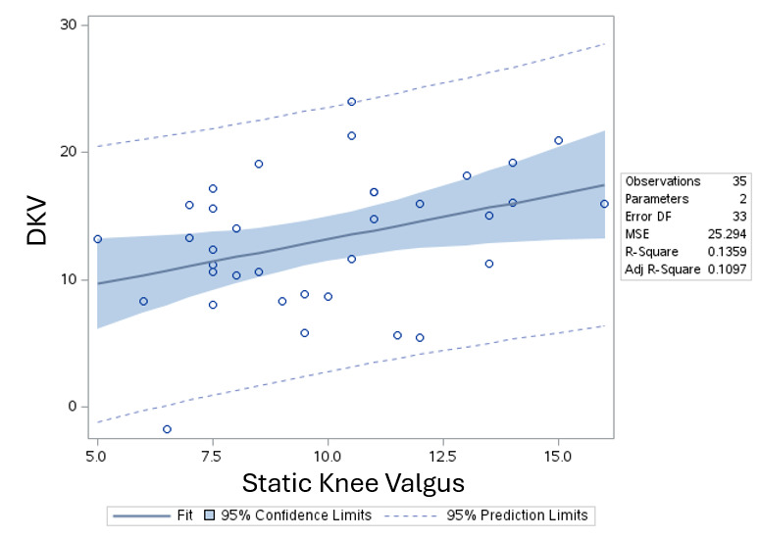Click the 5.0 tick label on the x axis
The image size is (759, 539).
click(x=97, y=458)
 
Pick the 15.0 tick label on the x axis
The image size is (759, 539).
click(x=558, y=458)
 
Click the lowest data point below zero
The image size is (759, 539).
click(x=167, y=429)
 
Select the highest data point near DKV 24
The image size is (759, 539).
click(x=351, y=102)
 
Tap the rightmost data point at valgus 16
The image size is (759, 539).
click(x=604, y=204)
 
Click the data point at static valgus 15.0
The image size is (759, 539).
click(x=558, y=140)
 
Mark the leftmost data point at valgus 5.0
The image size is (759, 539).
click(x=97, y=239)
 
